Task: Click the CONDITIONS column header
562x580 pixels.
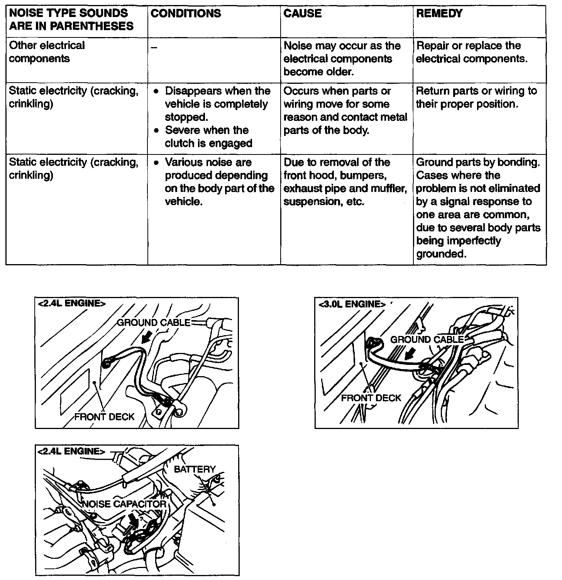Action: coord(186,14)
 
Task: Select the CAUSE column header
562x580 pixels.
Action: coord(302,14)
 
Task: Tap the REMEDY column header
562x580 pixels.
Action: coord(439,14)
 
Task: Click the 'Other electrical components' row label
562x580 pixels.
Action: coord(47,52)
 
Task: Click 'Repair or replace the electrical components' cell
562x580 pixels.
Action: coord(471,52)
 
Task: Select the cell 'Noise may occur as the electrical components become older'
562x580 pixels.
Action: coord(342,59)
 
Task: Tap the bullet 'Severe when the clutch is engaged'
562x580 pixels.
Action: coord(208,137)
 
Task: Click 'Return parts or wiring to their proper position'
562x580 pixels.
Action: coord(476,97)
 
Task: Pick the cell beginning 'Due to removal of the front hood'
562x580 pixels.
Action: coord(345,182)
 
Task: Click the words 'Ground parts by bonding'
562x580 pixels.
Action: coord(478,162)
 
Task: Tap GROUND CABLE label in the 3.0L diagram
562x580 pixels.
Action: coord(427,339)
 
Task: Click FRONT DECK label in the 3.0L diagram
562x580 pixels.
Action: coord(371,398)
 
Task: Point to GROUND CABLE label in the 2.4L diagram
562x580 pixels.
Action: coord(154,322)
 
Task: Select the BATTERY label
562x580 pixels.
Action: coord(195,469)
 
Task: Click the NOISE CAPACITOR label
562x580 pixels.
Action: coord(124,504)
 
